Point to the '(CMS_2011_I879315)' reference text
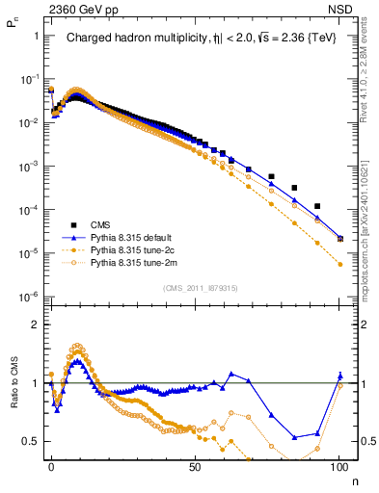[196, 288]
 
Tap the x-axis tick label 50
[196, 466]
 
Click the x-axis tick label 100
[339, 466]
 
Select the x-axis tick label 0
[51, 466]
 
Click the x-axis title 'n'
[354, 480]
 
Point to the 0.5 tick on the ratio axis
[32, 441]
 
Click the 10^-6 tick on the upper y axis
[29, 297]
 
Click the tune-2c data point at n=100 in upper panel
[339, 264]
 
